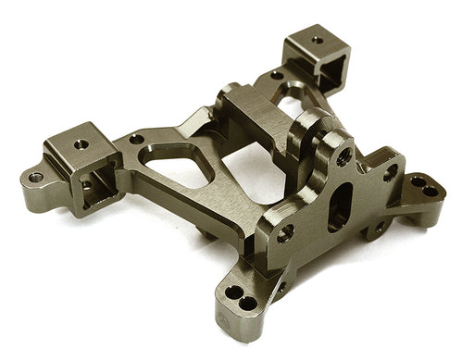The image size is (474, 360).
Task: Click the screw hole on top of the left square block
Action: [81, 144]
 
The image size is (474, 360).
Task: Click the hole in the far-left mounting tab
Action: [36, 177]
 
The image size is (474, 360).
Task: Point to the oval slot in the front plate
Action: [340, 205]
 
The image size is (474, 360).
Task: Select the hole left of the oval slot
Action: [286, 232]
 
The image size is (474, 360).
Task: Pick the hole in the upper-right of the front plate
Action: [390, 172]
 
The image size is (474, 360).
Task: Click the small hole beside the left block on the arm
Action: [136, 140]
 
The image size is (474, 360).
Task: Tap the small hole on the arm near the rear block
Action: [276, 76]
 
